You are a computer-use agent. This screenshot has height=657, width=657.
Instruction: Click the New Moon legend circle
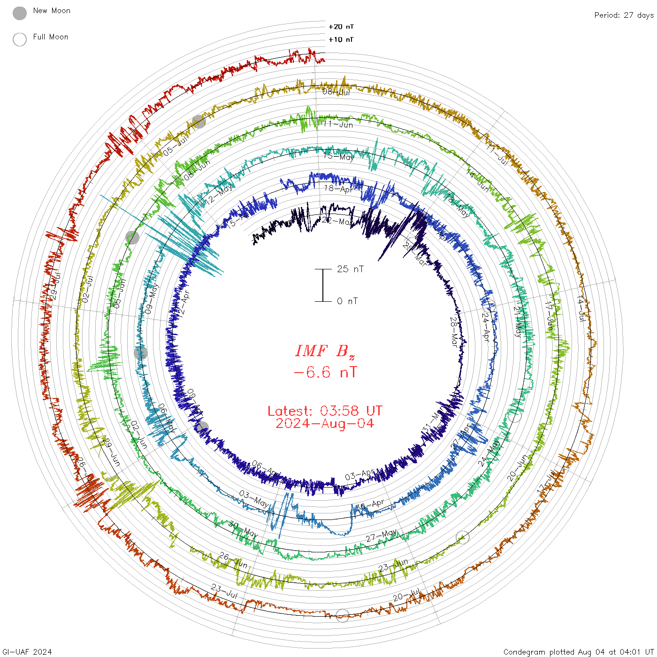click(20, 13)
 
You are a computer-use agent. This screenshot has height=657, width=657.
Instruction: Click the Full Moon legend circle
click(20, 39)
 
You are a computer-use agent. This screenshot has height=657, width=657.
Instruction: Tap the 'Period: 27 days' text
click(624, 15)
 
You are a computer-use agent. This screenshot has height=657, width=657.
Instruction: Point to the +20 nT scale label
click(341, 27)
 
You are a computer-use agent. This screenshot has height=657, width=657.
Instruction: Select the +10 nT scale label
click(341, 39)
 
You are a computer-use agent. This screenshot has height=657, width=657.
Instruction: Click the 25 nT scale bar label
click(350, 269)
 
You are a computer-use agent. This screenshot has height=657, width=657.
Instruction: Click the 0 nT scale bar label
click(347, 301)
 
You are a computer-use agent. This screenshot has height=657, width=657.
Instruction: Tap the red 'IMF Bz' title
click(325, 351)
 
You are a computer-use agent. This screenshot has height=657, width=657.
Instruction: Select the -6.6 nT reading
click(325, 373)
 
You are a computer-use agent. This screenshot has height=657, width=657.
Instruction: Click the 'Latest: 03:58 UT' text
click(325, 411)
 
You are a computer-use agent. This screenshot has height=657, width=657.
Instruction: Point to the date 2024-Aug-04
click(325, 423)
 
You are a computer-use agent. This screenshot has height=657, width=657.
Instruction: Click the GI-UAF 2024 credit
click(27, 652)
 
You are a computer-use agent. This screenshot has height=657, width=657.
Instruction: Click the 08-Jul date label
click(336, 92)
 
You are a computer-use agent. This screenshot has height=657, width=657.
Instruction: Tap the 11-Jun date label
click(338, 124)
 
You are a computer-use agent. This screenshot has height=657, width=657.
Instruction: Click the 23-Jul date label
click(224, 591)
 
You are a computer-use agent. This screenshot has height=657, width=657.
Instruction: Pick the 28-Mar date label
click(454, 331)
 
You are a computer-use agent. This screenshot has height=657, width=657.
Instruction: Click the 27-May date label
click(382, 535)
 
